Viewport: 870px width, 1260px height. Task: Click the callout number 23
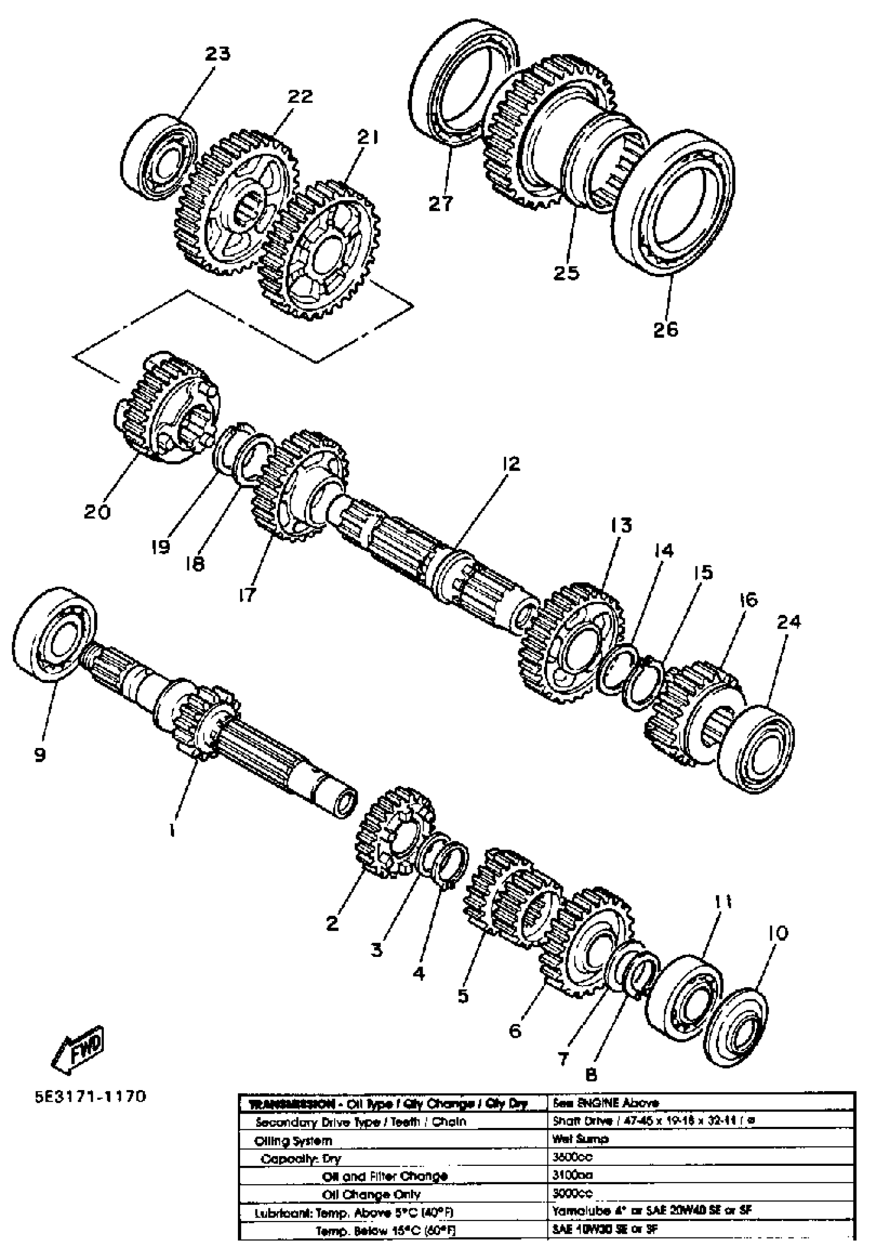pos(217,53)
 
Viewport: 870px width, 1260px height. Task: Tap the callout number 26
pos(666,329)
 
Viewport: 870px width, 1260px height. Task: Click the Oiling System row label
pos(293,1141)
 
